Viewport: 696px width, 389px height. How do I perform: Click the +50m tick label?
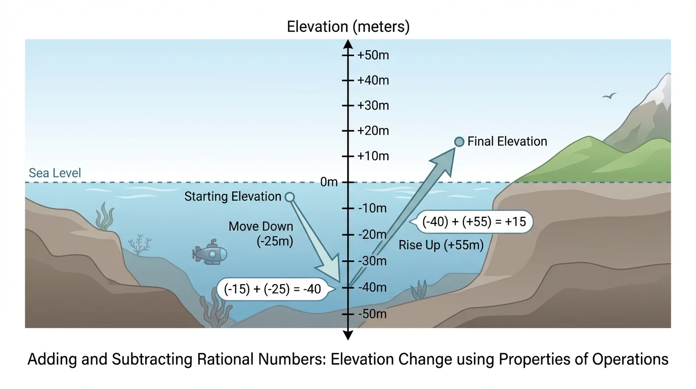tap(373, 55)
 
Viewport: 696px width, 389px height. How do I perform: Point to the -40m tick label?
tap(372, 287)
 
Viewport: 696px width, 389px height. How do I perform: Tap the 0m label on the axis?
tap(329, 182)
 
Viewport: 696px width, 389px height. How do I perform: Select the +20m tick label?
tap(373, 131)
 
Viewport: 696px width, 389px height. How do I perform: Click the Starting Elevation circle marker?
tap(290, 197)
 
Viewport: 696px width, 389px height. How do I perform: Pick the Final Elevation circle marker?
tap(459, 142)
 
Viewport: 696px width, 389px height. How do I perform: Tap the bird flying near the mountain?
tap(610, 96)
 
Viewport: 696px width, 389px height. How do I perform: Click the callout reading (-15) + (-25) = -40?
tap(273, 289)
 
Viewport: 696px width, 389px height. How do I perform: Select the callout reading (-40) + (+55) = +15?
tap(474, 222)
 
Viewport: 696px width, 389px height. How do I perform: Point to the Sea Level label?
tap(55, 173)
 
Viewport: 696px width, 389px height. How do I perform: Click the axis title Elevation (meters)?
tap(348, 26)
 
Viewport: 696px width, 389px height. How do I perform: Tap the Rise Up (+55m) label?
tap(441, 245)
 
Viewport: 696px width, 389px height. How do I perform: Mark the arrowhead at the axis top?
tap(348, 43)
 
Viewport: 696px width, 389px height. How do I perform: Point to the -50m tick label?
tap(372, 314)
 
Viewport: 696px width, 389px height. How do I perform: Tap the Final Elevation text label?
tap(507, 142)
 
